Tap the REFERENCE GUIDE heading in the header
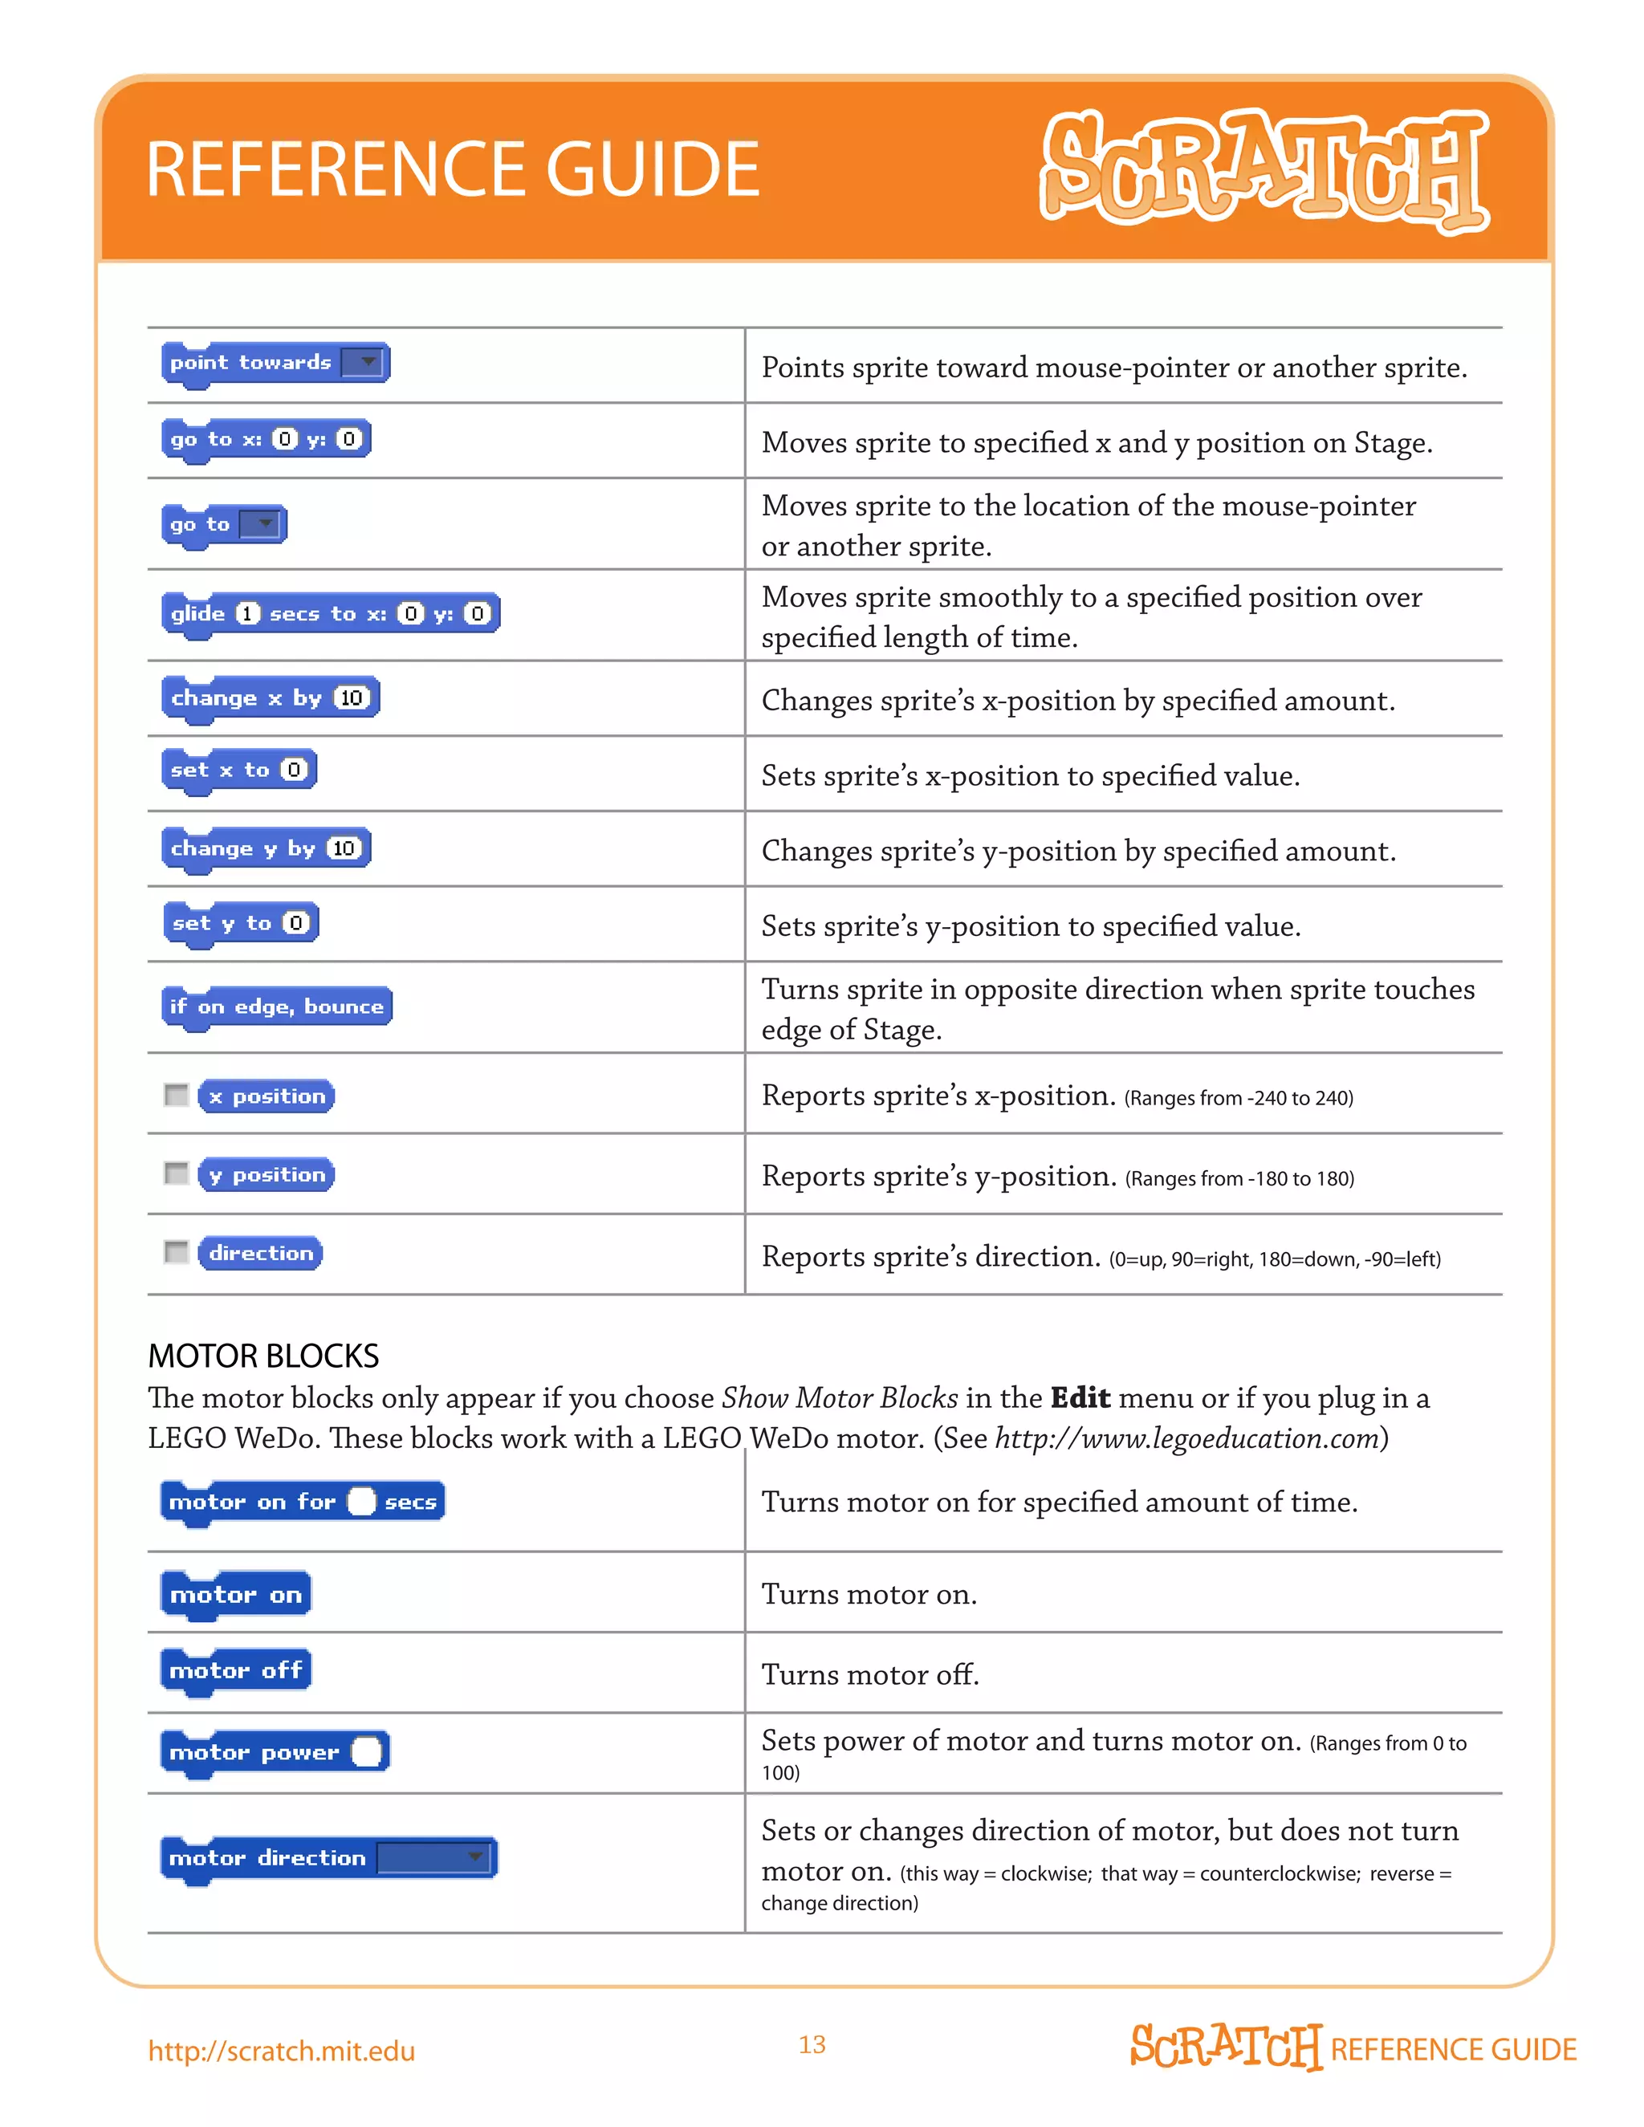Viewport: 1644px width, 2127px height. [x=452, y=169]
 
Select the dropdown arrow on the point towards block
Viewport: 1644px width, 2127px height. [x=367, y=362]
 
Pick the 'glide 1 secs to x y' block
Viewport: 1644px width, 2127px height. [x=329, y=613]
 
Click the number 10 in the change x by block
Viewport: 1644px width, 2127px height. [x=352, y=698]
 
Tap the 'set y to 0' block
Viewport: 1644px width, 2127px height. [x=239, y=923]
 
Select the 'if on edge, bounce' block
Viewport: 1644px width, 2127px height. [x=277, y=1006]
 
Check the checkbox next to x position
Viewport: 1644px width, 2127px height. [x=177, y=1096]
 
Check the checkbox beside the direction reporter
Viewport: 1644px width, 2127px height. [x=177, y=1252]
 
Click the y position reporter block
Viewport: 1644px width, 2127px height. [x=266, y=1174]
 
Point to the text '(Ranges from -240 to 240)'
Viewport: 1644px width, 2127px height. [x=1239, y=1099]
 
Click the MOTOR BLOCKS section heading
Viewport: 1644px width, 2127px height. [x=263, y=1356]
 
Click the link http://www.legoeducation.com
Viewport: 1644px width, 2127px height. [x=1186, y=1438]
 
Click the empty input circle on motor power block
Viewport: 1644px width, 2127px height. [x=367, y=1752]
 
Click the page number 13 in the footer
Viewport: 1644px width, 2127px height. [x=812, y=2044]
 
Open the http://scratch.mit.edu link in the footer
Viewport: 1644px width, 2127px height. [x=282, y=2051]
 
